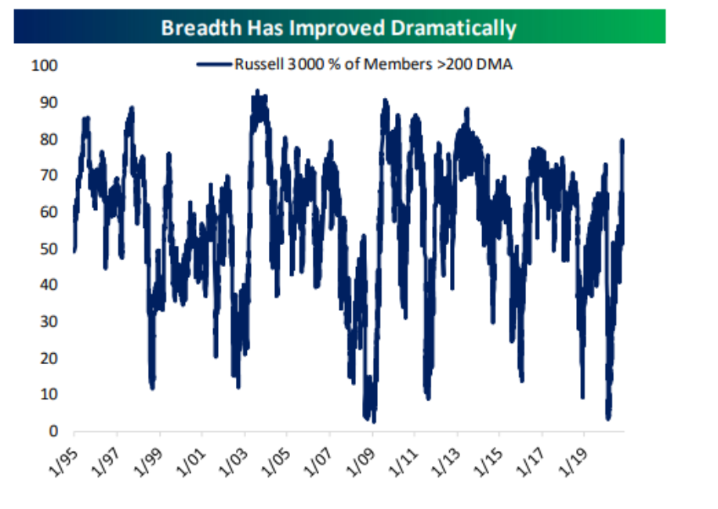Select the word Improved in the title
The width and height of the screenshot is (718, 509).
(338, 29)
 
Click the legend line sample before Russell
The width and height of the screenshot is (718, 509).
(214, 64)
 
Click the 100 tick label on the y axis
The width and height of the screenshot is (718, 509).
(45, 66)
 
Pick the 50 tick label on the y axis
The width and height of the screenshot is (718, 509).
(49, 249)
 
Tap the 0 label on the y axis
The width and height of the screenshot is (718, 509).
(53, 431)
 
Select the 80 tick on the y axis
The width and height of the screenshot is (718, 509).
(49, 139)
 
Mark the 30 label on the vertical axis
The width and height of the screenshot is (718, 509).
(49, 322)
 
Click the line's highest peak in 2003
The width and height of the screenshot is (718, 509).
(257, 91)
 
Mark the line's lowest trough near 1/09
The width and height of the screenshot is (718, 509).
(374, 421)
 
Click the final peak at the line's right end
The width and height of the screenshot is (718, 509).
(622, 140)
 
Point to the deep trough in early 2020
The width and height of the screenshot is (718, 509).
(608, 418)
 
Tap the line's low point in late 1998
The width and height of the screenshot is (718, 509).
(153, 388)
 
